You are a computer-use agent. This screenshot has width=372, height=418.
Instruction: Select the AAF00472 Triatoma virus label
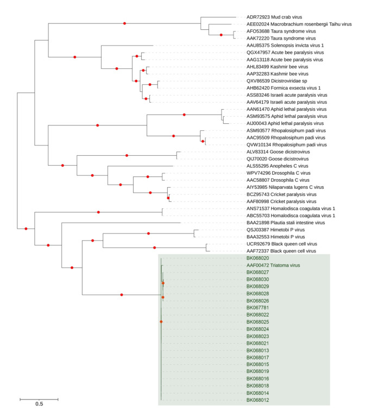coord(272,265)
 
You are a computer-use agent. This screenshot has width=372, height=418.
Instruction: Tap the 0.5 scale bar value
coord(39,404)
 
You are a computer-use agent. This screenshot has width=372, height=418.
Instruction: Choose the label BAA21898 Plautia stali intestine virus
coord(285,223)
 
